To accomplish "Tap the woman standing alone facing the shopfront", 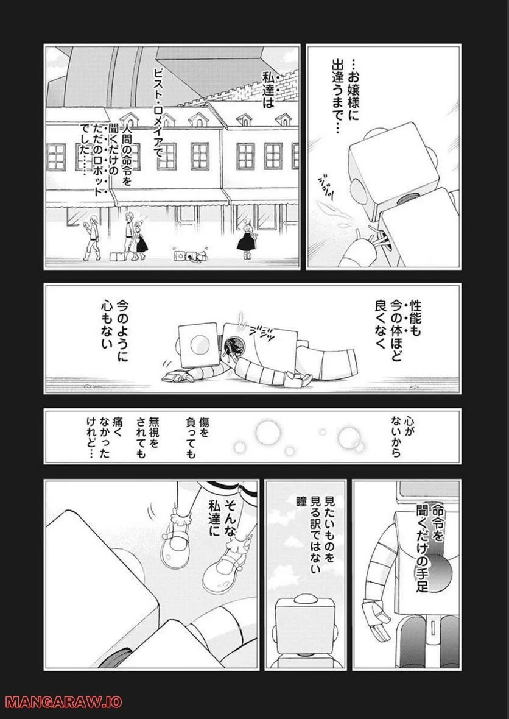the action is pos(248,238).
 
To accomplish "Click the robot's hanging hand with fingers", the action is pos(371,616).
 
